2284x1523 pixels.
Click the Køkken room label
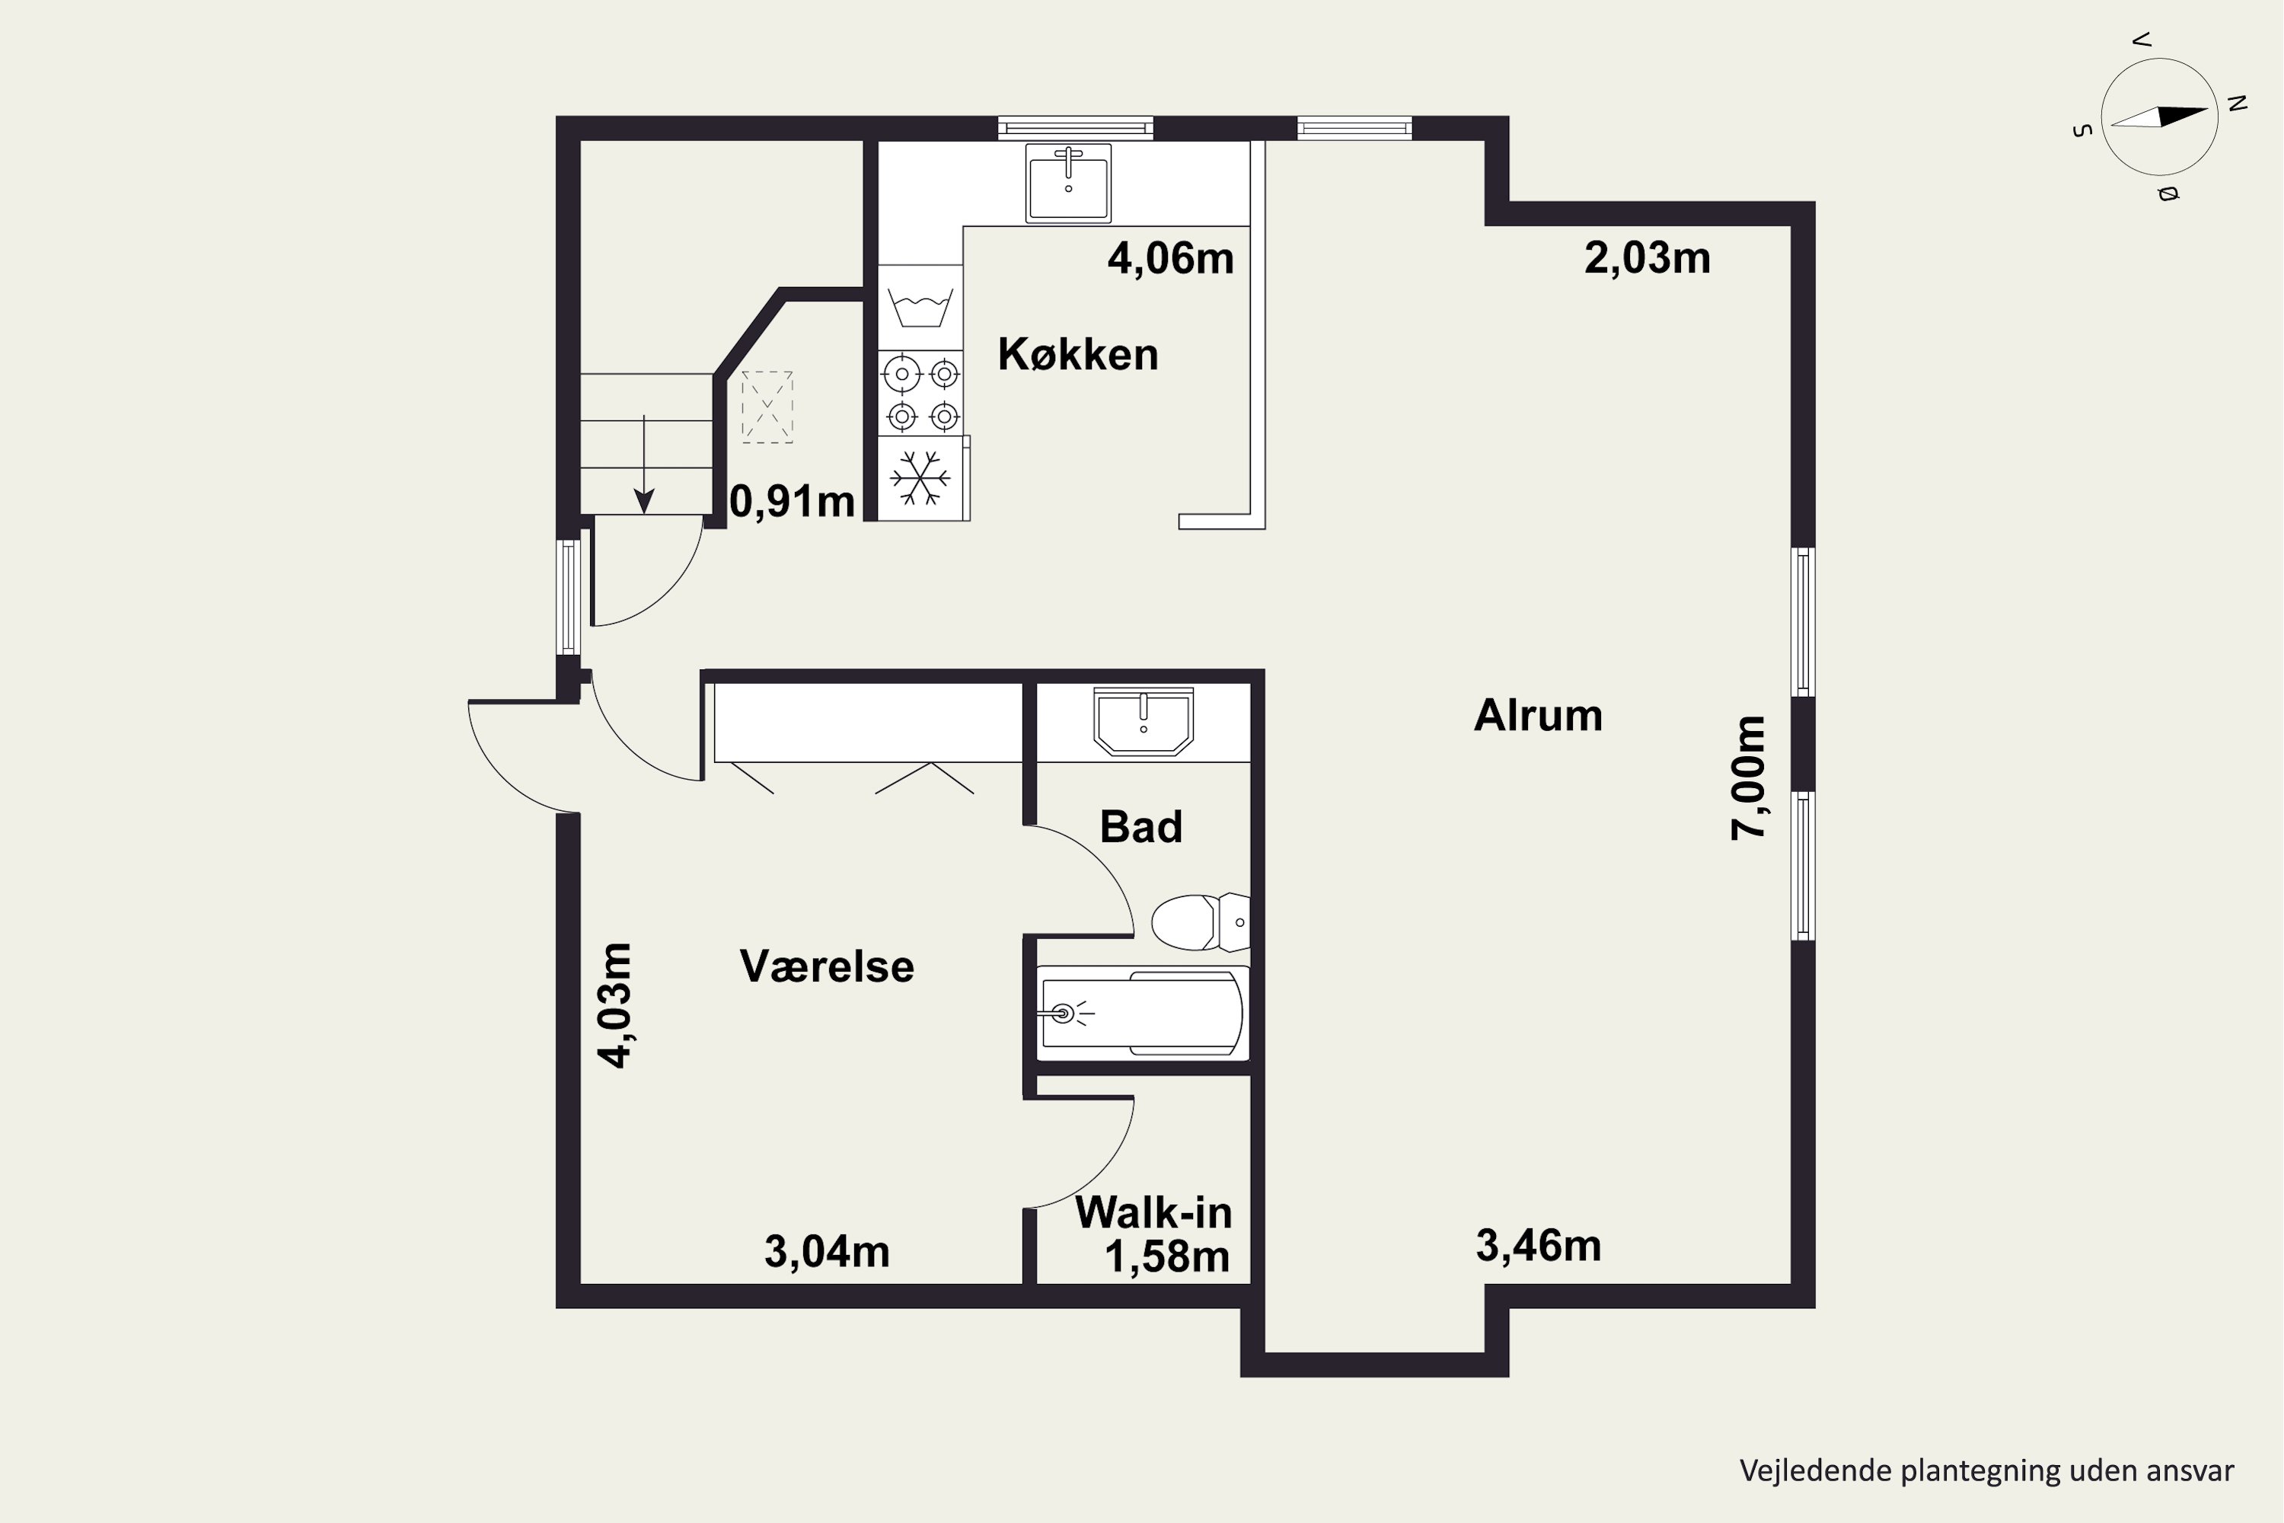(1078, 355)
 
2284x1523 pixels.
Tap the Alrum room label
(1538, 716)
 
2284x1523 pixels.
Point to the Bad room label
(1141, 826)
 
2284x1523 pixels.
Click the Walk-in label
(1153, 1212)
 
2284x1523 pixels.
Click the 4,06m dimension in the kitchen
(1171, 258)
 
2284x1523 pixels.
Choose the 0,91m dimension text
(793, 501)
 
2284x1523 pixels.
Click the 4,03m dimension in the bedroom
(614, 1005)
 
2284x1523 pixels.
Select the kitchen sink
(1068, 182)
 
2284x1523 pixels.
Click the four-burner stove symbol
(920, 394)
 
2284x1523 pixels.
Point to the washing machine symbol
(920, 308)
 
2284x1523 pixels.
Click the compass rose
(2160, 117)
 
